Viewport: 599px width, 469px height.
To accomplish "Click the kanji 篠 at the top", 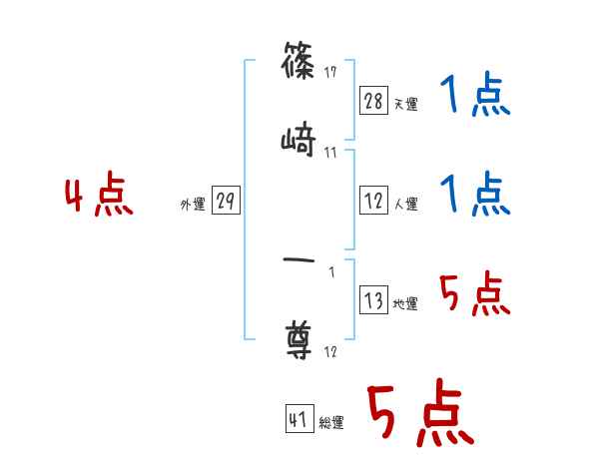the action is (299, 65).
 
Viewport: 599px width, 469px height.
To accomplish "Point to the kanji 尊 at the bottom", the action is (299, 340).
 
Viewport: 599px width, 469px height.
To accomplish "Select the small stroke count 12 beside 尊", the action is (330, 351).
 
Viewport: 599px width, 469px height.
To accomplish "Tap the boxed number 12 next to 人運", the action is (373, 200).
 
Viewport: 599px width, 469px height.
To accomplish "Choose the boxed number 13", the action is (373, 299).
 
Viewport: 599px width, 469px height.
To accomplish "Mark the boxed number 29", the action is (226, 200).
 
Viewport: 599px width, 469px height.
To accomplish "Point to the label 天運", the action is (405, 104).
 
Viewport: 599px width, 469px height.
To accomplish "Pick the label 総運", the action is (331, 423).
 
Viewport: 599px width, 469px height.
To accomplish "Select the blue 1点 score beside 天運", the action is (475, 97).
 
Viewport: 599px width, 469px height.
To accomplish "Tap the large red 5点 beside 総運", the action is (418, 413).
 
